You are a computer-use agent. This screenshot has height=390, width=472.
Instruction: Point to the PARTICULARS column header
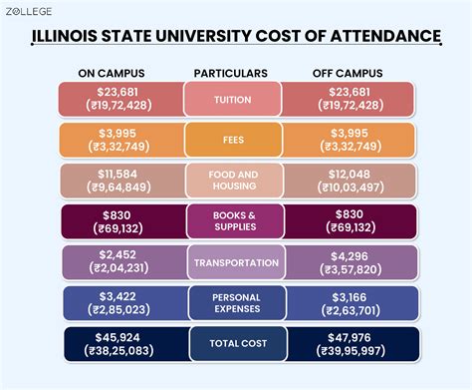[x=231, y=74]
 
